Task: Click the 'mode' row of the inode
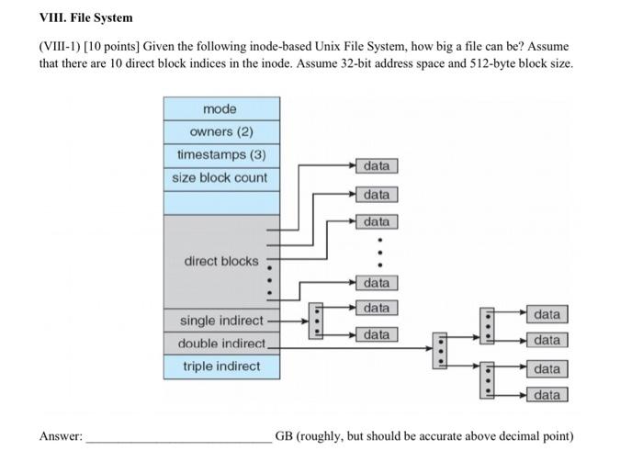click(x=220, y=109)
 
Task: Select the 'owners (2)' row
click(x=220, y=131)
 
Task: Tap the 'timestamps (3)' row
click(x=220, y=154)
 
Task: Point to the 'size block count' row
click(x=220, y=177)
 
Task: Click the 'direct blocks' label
click(x=221, y=261)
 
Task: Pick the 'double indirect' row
click(x=220, y=344)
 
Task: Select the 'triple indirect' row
click(x=220, y=366)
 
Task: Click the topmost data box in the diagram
click(x=376, y=166)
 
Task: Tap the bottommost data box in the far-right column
click(x=547, y=395)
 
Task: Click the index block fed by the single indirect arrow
click(x=316, y=321)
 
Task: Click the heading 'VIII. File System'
click(x=85, y=17)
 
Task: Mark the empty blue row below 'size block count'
click(x=220, y=201)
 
